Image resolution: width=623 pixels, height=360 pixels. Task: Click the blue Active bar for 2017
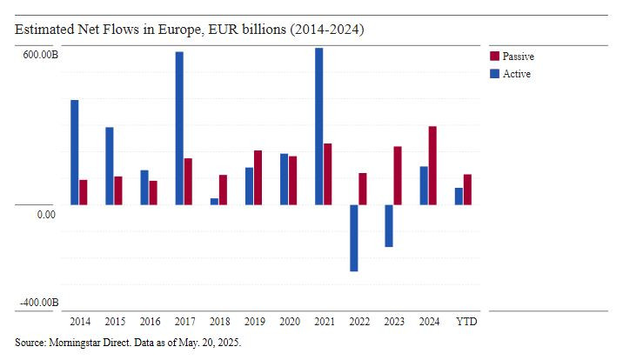point(179,128)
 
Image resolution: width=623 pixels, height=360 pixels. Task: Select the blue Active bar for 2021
point(319,126)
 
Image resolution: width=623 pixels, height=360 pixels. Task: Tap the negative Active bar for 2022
point(354,237)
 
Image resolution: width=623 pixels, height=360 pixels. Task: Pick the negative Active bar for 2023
point(389,225)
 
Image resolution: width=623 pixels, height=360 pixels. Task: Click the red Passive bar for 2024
point(432,165)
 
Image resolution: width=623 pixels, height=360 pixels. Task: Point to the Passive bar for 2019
point(258,177)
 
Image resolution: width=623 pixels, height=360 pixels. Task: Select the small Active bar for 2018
point(214,201)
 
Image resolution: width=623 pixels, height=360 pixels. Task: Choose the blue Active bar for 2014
point(75,152)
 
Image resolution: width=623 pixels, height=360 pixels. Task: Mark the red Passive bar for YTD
point(467,190)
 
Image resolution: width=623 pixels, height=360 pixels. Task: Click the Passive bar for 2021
point(328,174)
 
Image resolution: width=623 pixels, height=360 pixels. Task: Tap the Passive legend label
point(519,57)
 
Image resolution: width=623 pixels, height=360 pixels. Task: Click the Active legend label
point(517,74)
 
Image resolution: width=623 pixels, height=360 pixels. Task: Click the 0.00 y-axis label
point(47,215)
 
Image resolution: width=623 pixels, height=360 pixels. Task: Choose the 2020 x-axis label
point(290,322)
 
